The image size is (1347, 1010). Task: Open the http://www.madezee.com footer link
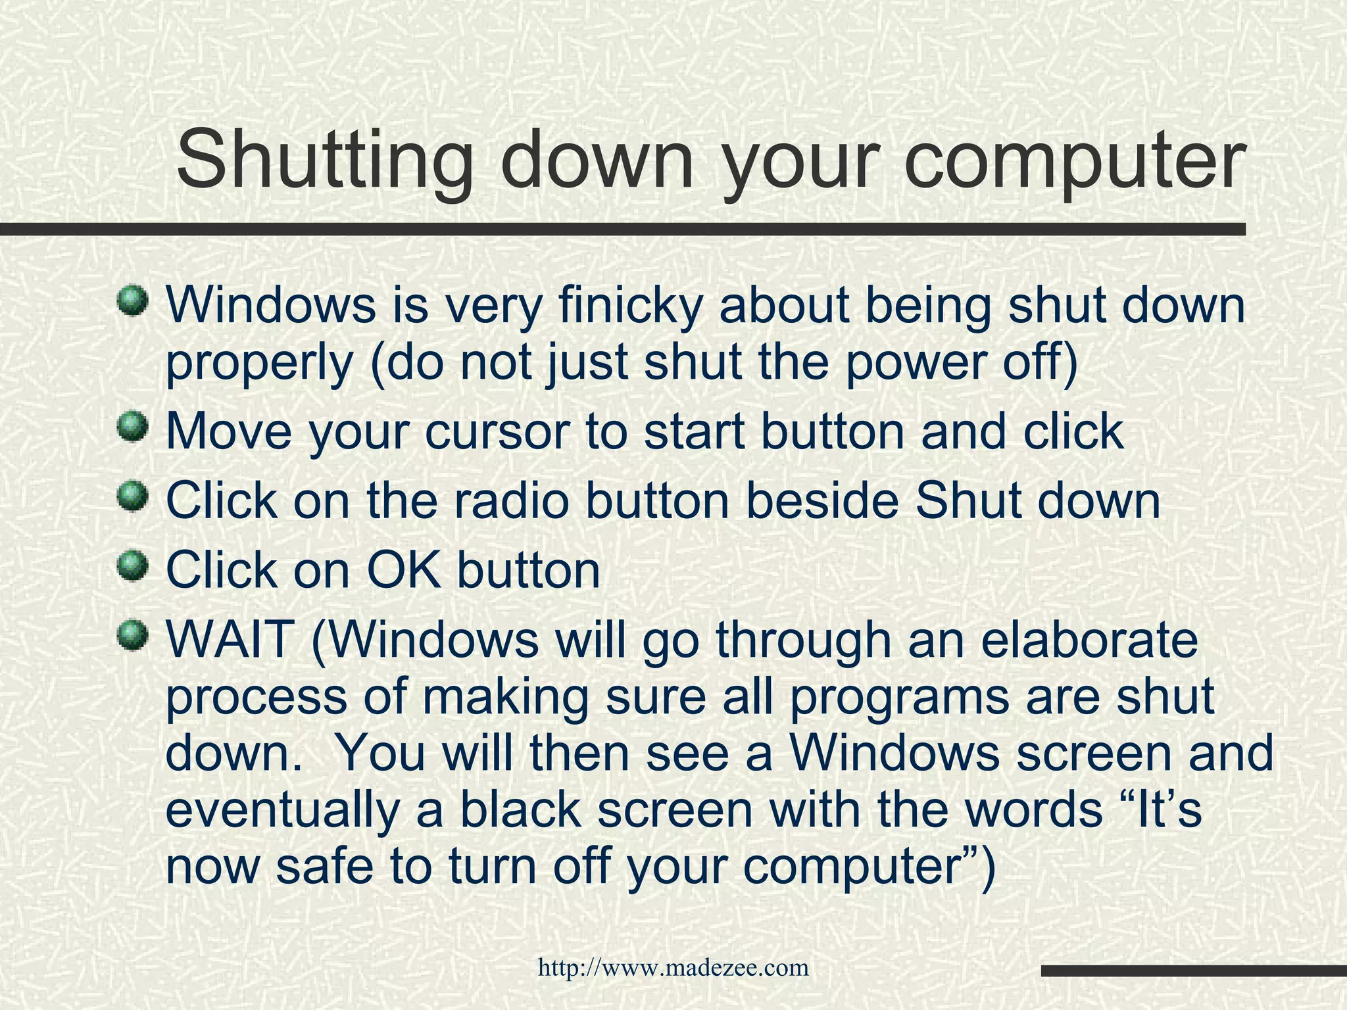(673, 967)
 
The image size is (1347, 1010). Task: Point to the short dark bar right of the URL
(1193, 971)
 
